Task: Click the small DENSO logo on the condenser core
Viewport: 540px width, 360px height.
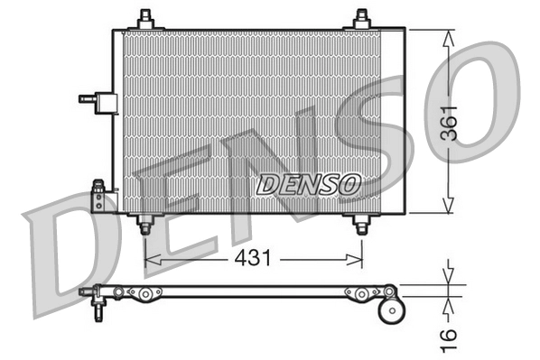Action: click(309, 184)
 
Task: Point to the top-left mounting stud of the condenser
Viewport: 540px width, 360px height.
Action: click(145, 18)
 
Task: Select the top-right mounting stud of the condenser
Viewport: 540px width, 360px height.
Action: click(361, 18)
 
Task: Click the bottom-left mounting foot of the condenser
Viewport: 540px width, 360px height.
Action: click(145, 225)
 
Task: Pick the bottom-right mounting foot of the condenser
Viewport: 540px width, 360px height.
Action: click(361, 225)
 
